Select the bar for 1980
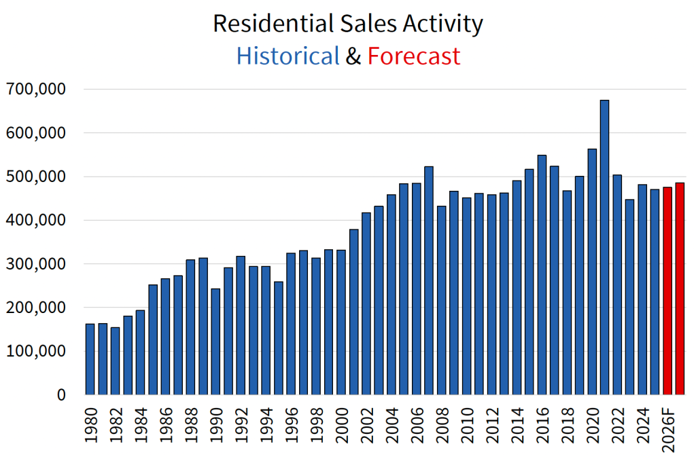[x=90, y=359]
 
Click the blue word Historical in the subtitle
[x=288, y=56]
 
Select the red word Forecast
[x=414, y=56]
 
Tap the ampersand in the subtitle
[x=353, y=56]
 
